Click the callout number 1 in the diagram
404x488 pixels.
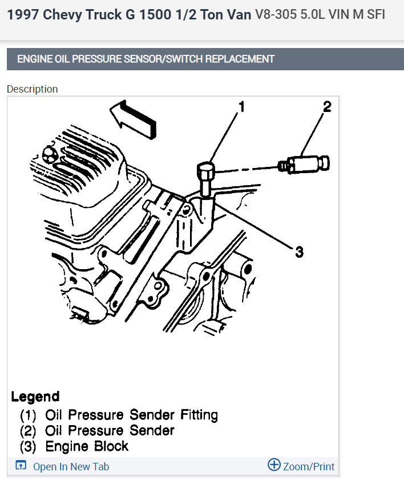[241, 107]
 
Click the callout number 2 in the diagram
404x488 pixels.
[326, 107]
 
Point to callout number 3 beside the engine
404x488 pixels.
[299, 251]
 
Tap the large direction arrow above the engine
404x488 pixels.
[132, 118]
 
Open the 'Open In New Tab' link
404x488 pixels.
[71, 467]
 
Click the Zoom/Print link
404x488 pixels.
[309, 467]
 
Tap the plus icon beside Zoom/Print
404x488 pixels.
[274, 465]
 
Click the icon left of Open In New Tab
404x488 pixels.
[21, 466]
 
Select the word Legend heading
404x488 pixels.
[35, 397]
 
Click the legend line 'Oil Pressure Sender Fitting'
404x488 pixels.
[131, 415]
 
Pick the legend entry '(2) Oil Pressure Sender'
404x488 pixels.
[97, 430]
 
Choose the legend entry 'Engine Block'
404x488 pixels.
[87, 446]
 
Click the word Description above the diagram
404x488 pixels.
[33, 89]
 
